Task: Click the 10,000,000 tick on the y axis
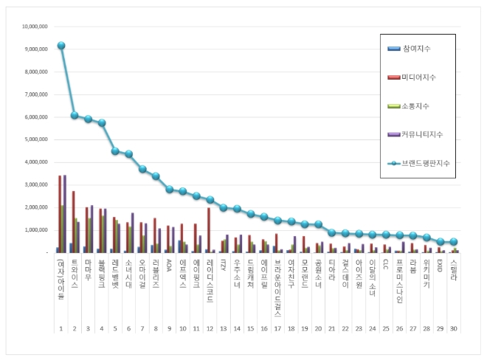34,26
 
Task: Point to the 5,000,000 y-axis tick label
35,139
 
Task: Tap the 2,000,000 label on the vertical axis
35,207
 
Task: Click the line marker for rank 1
61,46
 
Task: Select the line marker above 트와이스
75,115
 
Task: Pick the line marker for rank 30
454,242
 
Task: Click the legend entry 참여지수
418,49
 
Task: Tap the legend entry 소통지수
418,106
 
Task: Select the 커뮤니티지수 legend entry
423,135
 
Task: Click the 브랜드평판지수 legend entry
425,164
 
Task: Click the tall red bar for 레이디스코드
209,230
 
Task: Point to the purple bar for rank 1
65,214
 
